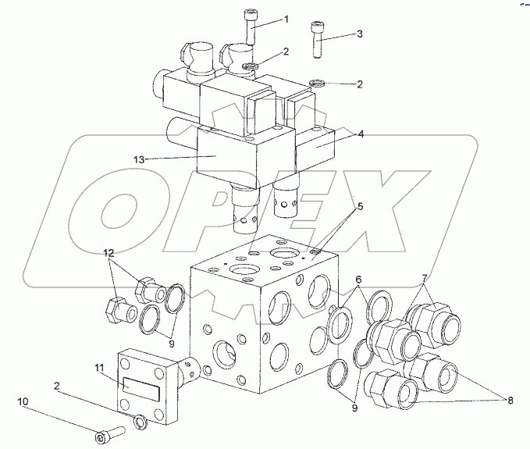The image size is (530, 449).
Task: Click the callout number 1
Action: (x=286, y=20)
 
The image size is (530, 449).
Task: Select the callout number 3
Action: (x=359, y=34)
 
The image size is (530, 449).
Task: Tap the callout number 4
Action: (x=361, y=134)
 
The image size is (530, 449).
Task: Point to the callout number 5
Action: (x=360, y=206)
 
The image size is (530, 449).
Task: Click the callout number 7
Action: (x=424, y=278)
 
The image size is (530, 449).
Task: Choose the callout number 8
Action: (x=510, y=401)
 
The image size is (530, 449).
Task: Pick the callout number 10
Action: (x=23, y=401)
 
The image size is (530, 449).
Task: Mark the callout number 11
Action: (x=100, y=368)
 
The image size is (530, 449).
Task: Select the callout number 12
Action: (x=108, y=253)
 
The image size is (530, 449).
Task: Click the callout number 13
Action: (x=139, y=159)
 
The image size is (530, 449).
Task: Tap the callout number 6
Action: (x=358, y=280)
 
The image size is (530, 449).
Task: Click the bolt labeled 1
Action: (x=251, y=27)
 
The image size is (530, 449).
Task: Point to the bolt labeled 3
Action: (x=317, y=40)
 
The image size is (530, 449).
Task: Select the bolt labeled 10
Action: (x=109, y=435)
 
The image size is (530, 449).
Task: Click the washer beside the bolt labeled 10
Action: (x=141, y=423)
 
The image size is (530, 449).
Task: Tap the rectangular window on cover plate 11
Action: (x=141, y=390)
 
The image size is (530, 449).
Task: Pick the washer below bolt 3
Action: (x=317, y=83)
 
